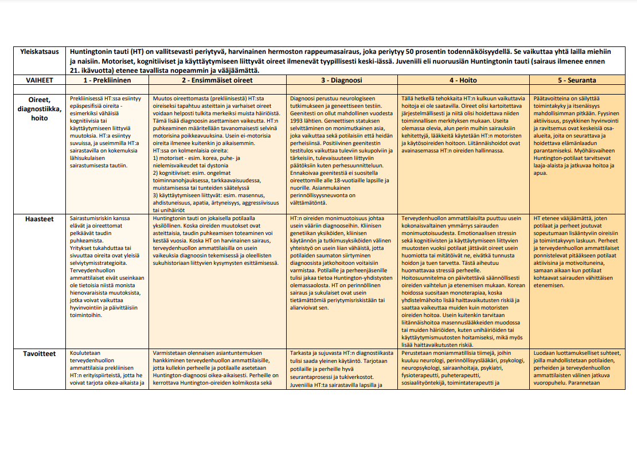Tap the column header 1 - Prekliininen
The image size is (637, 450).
(x=107, y=81)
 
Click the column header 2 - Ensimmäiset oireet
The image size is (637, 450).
(x=217, y=81)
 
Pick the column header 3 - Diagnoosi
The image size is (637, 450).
(x=342, y=81)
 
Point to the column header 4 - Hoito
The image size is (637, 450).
(x=463, y=81)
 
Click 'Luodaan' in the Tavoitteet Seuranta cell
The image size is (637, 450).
(x=545, y=353)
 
